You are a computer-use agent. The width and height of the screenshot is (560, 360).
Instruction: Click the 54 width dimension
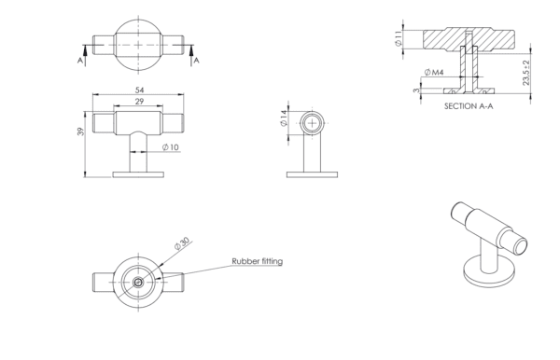tap(139, 90)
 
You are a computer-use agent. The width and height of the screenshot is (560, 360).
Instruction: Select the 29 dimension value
tap(139, 102)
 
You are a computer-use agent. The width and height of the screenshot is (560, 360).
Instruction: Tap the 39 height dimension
tap(80, 132)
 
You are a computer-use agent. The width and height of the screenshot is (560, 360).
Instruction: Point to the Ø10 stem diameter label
tap(171, 147)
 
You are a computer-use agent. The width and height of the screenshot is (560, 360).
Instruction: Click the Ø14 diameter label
tap(284, 118)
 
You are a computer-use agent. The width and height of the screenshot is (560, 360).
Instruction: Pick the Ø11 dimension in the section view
tap(399, 38)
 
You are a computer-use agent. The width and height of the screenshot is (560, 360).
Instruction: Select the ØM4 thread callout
tap(434, 73)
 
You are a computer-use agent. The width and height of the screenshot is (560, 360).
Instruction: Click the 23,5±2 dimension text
tap(526, 73)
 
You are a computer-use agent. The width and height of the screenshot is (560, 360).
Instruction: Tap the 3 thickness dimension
tap(416, 90)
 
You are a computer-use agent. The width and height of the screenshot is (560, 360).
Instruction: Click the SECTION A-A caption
tap(469, 106)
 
